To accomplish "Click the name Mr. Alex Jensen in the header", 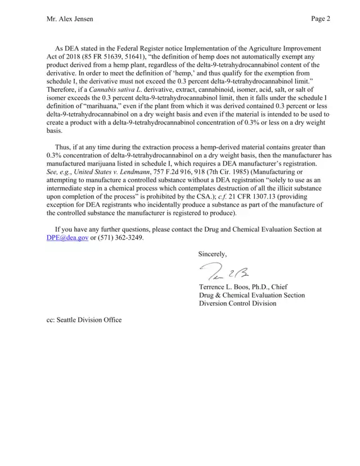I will click(x=70, y=19).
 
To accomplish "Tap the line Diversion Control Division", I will click(x=238, y=303).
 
